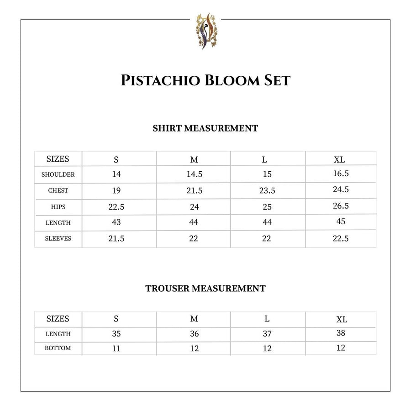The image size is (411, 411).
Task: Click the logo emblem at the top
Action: pyautogui.click(x=205, y=31)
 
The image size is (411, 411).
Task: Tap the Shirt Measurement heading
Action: pyautogui.click(x=205, y=128)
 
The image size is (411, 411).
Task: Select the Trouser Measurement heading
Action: pyautogui.click(x=205, y=289)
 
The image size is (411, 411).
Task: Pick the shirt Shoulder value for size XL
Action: pyautogui.click(x=341, y=174)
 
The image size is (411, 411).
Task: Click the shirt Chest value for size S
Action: pyautogui.click(x=116, y=190)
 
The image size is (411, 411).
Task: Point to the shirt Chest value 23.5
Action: pyautogui.click(x=267, y=191)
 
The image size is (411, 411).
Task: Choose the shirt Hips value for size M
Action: pyautogui.click(x=194, y=207)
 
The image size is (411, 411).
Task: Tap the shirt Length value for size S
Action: pyautogui.click(x=116, y=223)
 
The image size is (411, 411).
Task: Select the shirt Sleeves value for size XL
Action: pyautogui.click(x=341, y=238)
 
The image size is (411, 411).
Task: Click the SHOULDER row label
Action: pyautogui.click(x=58, y=174)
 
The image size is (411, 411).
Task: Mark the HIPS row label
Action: pyautogui.click(x=58, y=207)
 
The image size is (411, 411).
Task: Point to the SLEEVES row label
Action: pyautogui.click(x=58, y=238)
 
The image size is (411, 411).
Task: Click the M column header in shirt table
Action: pyautogui.click(x=194, y=160)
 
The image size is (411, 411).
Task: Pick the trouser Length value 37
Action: pyautogui.click(x=267, y=334)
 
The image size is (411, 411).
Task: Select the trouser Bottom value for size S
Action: pyautogui.click(x=116, y=348)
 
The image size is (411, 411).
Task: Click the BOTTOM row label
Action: pyautogui.click(x=58, y=348)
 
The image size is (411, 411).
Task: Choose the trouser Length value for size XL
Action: pyautogui.click(x=341, y=333)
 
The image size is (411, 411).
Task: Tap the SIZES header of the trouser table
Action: pyautogui.click(x=58, y=319)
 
